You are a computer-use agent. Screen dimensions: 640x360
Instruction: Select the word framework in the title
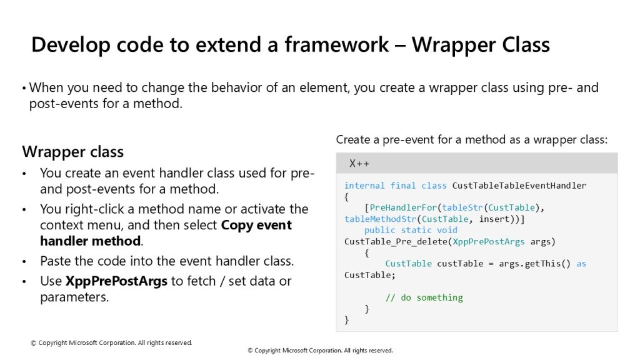click(x=336, y=44)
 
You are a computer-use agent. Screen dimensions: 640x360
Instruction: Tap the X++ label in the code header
click(x=359, y=164)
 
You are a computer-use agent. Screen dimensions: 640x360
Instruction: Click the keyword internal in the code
click(x=364, y=186)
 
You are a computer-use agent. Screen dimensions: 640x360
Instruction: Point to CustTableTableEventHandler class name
click(x=519, y=186)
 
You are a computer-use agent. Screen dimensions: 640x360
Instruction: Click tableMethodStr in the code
click(x=380, y=219)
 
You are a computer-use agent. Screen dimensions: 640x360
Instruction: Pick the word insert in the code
click(x=494, y=219)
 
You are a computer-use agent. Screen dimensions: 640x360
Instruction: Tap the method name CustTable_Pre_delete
click(x=396, y=242)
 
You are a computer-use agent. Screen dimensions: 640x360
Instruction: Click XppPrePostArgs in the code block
click(x=489, y=242)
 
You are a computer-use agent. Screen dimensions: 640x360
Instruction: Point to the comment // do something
click(x=424, y=297)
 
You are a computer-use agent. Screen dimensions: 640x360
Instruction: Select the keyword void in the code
click(x=447, y=230)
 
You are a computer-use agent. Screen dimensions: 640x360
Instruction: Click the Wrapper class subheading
click(x=73, y=152)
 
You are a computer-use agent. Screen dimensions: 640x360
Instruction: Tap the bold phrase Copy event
click(x=256, y=225)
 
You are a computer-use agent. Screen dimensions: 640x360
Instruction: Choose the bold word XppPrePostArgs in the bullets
click(x=116, y=281)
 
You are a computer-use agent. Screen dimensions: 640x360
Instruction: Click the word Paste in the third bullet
click(x=55, y=261)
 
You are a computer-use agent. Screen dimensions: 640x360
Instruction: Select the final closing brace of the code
click(x=346, y=320)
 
